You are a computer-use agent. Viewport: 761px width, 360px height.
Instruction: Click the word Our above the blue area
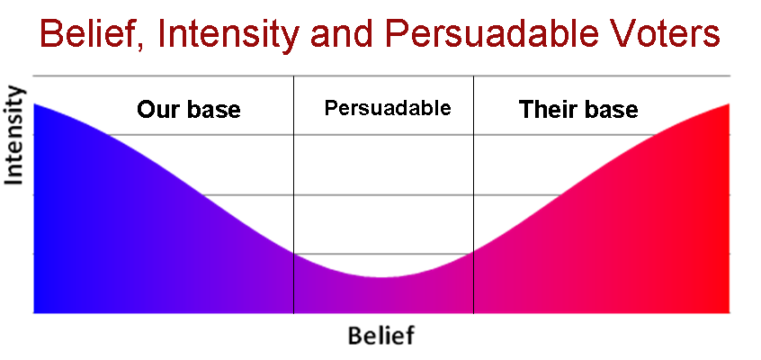157,111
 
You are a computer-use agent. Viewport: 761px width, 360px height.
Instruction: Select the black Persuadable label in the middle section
387,109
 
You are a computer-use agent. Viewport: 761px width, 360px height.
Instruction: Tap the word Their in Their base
548,111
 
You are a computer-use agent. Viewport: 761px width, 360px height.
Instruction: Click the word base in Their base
611,111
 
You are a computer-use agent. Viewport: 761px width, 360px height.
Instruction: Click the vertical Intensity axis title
15,136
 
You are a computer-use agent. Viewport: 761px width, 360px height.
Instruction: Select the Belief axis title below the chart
381,337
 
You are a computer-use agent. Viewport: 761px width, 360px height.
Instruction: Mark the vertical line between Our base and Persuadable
294,180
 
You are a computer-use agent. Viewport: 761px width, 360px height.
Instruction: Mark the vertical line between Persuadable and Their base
473,180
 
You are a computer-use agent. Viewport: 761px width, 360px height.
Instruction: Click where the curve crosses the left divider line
294,253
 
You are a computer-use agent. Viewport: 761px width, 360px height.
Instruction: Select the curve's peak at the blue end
35,104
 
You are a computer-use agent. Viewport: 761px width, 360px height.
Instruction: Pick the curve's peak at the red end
728,104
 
